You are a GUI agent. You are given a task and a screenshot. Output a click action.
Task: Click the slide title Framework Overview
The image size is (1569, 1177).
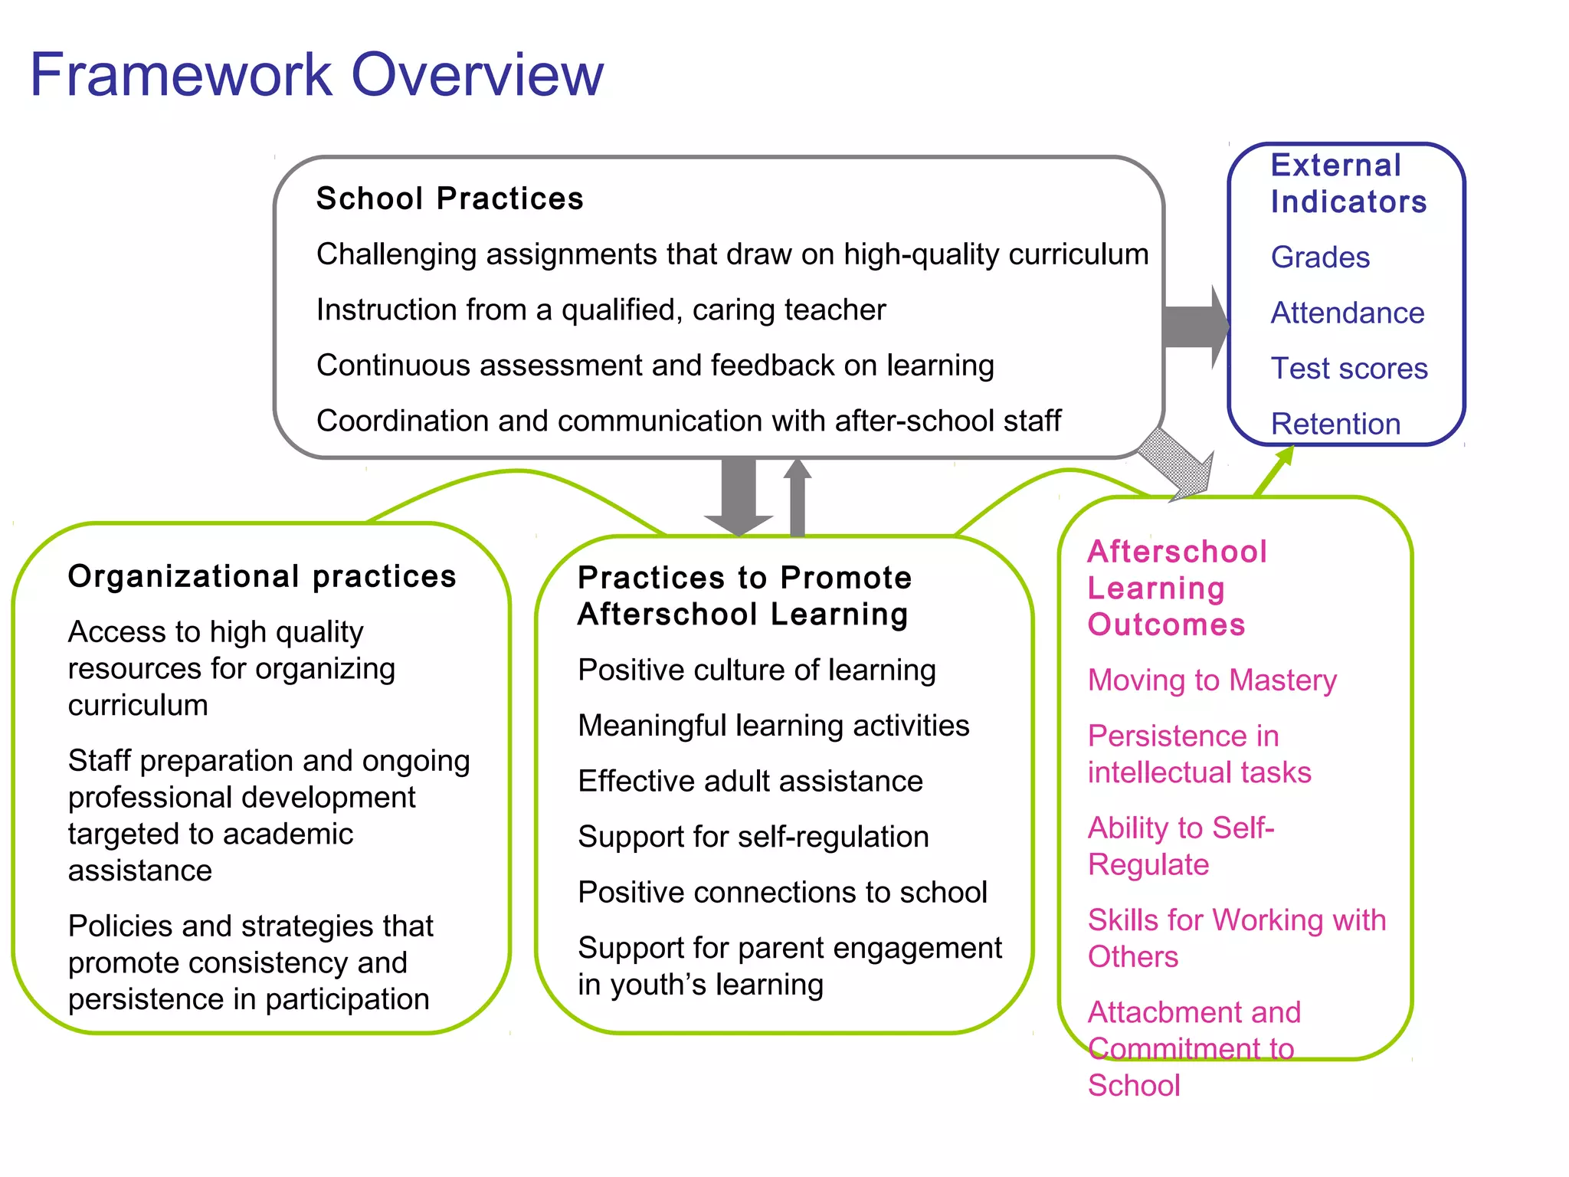316,75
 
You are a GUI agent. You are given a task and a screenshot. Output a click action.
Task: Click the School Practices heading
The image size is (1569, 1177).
450,198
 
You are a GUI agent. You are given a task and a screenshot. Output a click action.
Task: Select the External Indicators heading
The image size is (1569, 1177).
1348,184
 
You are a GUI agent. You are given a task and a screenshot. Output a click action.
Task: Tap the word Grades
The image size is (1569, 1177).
1320,257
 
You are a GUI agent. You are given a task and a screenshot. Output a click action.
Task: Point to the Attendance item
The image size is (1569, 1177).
1347,313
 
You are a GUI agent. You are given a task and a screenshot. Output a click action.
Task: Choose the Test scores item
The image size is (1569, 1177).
1349,369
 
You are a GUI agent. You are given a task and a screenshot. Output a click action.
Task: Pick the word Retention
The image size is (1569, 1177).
1335,424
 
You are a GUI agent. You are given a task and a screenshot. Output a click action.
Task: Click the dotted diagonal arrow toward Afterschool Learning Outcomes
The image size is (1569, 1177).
1177,462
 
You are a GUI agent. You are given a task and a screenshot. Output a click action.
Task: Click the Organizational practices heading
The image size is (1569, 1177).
262,576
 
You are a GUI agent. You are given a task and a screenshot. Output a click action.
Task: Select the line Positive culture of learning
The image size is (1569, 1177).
757,670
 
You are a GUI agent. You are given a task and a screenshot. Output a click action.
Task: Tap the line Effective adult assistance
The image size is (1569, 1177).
750,782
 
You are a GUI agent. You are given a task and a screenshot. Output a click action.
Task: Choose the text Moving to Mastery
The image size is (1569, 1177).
1212,680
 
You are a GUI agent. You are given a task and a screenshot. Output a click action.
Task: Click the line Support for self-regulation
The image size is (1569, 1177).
753,837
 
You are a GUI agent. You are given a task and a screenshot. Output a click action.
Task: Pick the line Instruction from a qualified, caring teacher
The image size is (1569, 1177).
601,310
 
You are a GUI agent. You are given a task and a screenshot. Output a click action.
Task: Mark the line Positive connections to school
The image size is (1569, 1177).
782,893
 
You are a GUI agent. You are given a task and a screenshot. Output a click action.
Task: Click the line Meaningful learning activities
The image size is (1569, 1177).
774,726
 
